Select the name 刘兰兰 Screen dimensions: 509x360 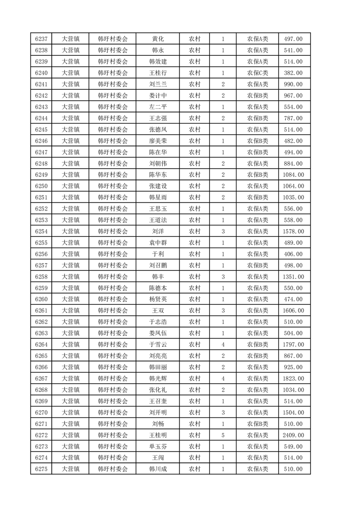(x=158, y=84)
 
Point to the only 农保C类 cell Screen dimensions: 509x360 (x=257, y=73)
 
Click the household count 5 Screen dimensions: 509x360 (x=223, y=436)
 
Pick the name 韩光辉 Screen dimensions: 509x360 (x=158, y=379)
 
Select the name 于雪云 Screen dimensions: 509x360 (x=158, y=345)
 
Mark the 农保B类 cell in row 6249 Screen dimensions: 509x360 (x=257, y=175)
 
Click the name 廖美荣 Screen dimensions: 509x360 (x=158, y=141)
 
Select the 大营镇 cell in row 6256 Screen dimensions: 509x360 (x=71, y=254)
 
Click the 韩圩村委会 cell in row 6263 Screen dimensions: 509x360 (x=113, y=333)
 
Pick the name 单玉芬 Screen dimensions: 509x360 (x=158, y=446)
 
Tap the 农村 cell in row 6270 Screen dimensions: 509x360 (x=195, y=412)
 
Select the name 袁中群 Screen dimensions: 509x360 (x=158, y=243)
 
